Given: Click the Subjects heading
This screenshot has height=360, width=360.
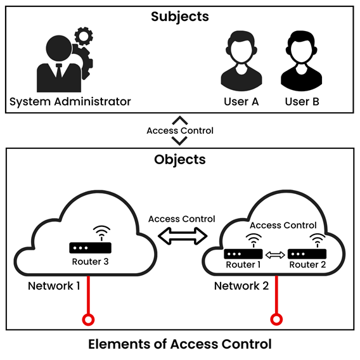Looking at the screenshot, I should click(x=180, y=16).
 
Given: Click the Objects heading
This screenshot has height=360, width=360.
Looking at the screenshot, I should click(x=180, y=159).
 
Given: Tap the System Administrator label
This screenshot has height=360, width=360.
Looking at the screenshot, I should click(x=70, y=101).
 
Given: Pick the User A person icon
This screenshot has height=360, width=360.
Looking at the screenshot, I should click(x=241, y=61).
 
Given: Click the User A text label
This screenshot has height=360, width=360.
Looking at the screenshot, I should click(x=241, y=101).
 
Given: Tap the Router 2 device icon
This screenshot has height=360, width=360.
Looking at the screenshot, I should click(x=307, y=253).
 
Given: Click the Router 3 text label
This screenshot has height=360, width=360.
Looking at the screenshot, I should click(x=91, y=261).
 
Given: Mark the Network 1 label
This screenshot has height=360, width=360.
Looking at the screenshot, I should click(x=54, y=286).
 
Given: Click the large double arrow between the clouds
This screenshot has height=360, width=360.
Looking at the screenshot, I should click(x=182, y=236).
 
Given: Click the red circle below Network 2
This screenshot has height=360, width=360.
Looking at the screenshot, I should click(x=275, y=318).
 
